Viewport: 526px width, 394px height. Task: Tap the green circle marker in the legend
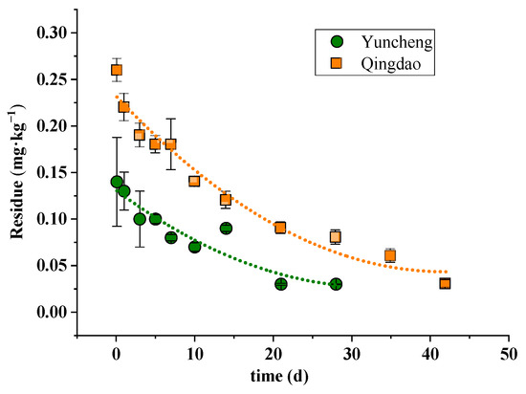336,42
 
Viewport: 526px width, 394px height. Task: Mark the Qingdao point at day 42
445,283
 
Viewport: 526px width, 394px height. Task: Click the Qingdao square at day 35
390,255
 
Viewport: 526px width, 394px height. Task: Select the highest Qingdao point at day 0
117,70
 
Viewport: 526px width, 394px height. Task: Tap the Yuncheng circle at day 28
336,284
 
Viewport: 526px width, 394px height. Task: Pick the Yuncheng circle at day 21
280,284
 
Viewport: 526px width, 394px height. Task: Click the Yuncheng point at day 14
226,228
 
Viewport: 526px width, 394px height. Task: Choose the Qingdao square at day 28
336,236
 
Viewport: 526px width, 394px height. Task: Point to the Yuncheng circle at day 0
117,182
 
